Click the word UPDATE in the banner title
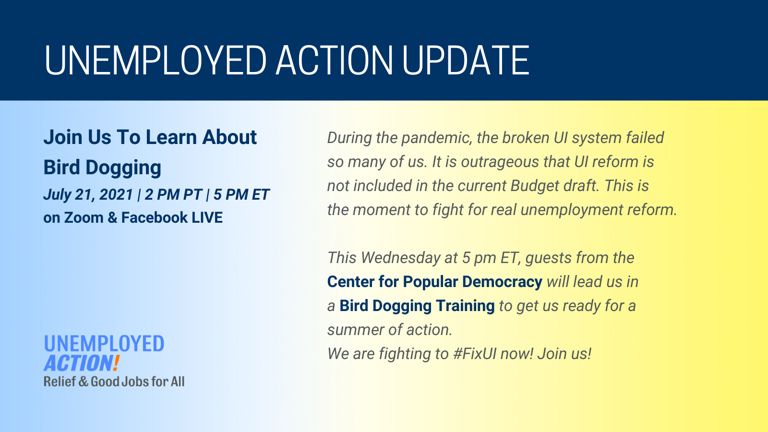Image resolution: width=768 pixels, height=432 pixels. pos(466,60)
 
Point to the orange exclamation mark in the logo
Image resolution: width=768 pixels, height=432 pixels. pos(116,363)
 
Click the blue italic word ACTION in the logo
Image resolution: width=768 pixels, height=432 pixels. pos(78,363)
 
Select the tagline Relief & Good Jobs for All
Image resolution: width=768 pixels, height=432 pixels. pos(114,382)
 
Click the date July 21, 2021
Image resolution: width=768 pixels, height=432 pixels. pos(88,194)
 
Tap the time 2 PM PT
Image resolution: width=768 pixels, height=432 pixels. pos(173,194)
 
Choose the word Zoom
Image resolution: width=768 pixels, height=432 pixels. pos(84,217)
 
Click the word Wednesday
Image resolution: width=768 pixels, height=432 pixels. pos(400,258)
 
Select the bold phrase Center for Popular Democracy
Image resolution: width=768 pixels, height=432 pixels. pos(435,282)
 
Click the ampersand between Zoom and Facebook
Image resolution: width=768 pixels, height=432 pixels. pos(112,217)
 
